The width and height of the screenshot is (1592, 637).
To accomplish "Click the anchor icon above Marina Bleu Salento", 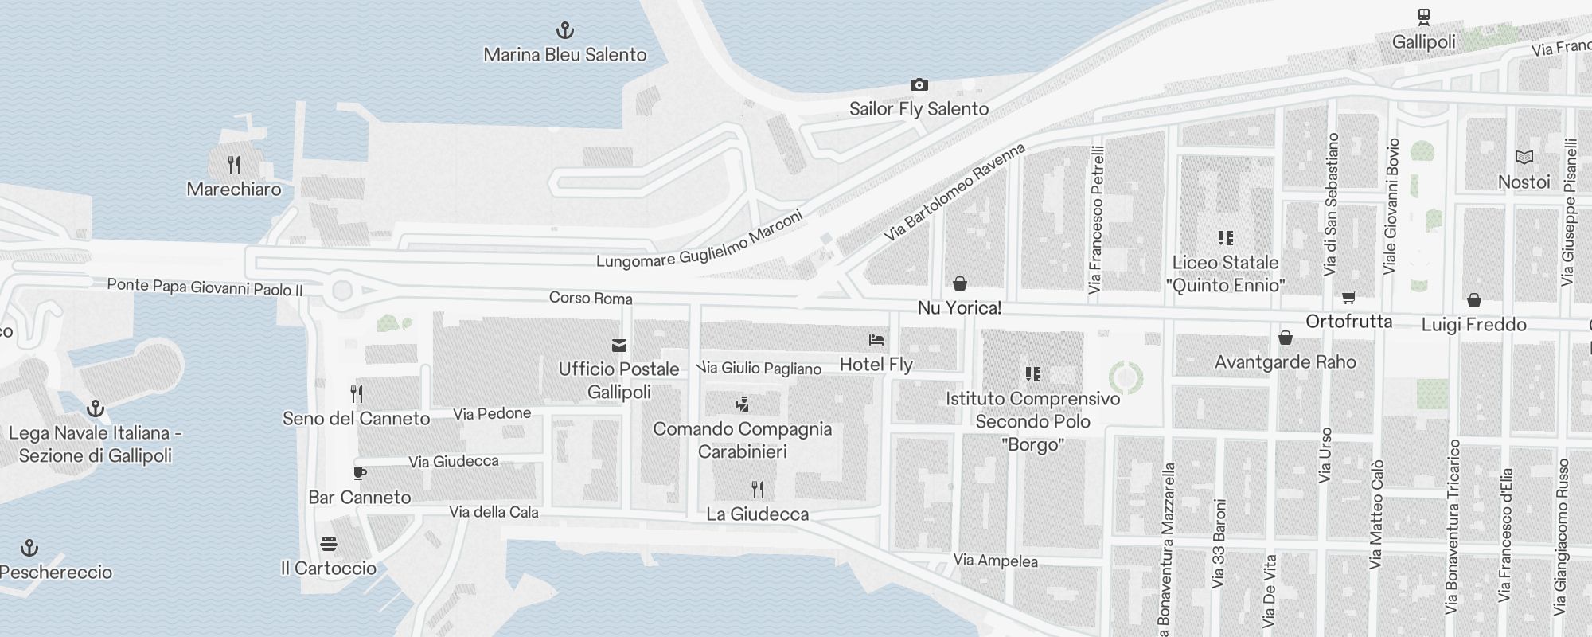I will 564,31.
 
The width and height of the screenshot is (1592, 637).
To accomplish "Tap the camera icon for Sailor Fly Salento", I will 919,85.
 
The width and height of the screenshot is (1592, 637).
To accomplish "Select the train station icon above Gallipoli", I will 1424,17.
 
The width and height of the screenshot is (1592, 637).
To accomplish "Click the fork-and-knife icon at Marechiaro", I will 234,165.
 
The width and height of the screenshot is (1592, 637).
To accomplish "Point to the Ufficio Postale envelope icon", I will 618,346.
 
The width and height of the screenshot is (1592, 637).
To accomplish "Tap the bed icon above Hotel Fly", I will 876,340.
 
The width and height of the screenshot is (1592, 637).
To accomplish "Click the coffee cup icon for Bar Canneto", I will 360,473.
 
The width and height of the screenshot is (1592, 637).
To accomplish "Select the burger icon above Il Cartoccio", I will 329,544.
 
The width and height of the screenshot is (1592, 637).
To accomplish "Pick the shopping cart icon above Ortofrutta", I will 1348,298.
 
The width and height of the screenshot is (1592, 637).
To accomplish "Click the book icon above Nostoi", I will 1524,158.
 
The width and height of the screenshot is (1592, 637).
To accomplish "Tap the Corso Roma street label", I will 591,298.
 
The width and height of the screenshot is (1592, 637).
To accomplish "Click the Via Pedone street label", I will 492,413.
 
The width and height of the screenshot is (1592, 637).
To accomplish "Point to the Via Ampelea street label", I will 995,561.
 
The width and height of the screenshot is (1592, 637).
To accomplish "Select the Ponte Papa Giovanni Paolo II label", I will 205,287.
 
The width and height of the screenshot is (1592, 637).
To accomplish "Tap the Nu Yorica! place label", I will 959,308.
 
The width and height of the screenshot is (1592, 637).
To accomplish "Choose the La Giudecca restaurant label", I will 758,514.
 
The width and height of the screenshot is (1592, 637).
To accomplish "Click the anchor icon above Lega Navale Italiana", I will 96,409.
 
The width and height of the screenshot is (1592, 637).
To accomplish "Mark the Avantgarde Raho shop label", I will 1285,362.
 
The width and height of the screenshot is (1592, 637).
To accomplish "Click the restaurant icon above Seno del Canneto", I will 357,393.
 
